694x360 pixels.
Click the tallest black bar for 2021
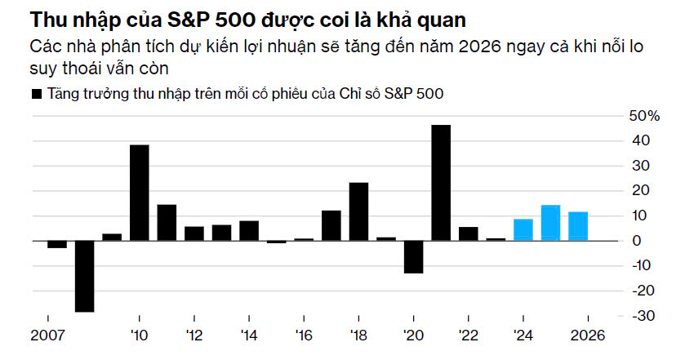point(441,183)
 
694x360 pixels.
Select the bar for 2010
point(140,193)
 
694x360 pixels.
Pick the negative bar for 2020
point(413,256)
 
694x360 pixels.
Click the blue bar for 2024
point(523,229)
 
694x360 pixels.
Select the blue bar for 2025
point(550,223)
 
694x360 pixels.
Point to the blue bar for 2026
point(578,226)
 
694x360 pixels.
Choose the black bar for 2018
point(358,211)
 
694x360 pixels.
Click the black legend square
point(36,94)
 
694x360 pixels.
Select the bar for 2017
point(331,225)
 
